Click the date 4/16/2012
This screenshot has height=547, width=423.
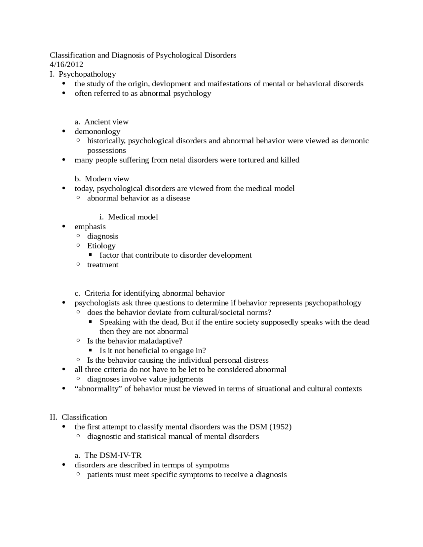(66, 64)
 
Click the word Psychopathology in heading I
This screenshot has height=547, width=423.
(87, 74)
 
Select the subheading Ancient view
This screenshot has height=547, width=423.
(106, 122)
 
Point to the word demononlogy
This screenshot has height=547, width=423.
(97, 131)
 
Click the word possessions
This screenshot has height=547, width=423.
(106, 151)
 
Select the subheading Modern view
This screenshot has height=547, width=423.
(107, 179)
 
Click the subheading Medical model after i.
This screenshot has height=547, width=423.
(133, 217)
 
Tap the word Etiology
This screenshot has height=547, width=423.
(101, 246)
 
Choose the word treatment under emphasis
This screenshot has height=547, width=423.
(102, 265)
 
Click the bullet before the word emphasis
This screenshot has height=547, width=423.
(64, 227)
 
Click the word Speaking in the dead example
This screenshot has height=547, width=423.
(113, 322)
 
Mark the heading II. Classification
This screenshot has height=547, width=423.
(78, 417)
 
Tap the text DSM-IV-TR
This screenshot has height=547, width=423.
(120, 456)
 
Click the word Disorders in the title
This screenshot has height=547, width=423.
(220, 55)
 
